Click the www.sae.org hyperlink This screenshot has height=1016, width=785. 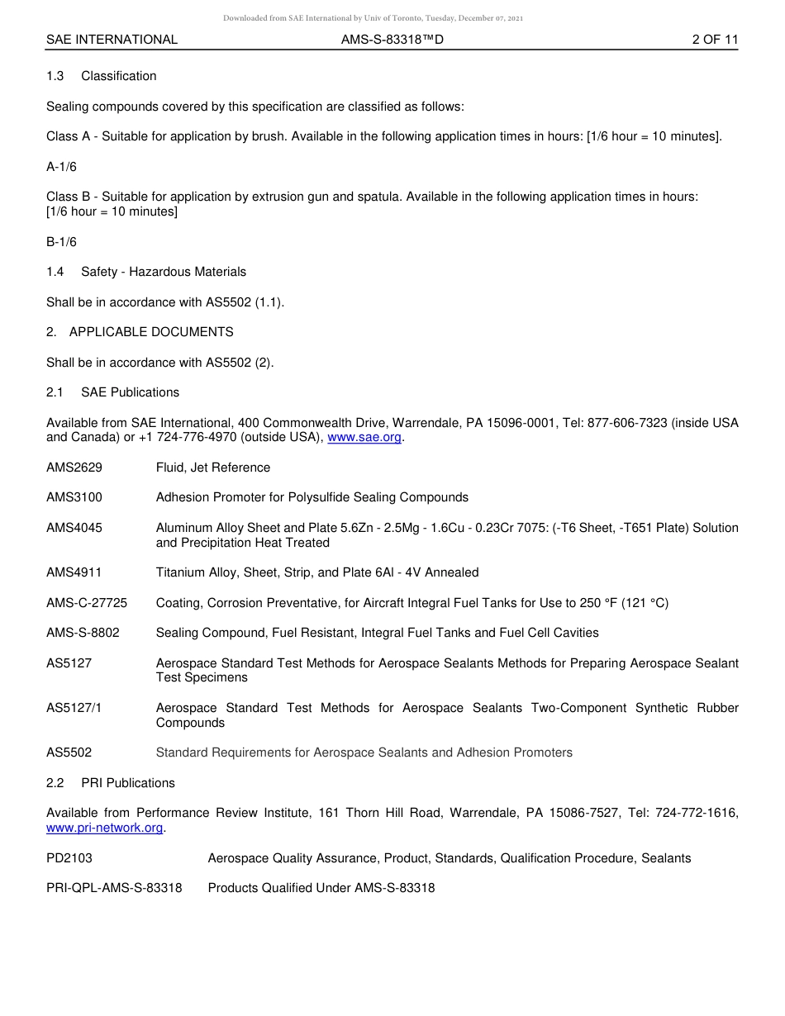click(x=364, y=438)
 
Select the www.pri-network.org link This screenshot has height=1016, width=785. click(x=105, y=828)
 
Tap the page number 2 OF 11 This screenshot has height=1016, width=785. click(x=715, y=40)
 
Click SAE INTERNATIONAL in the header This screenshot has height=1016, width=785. click(x=112, y=40)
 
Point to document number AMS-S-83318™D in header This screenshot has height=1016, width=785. click(x=392, y=40)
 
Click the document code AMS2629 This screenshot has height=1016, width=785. click(x=74, y=468)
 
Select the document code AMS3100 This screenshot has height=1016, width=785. click(x=74, y=497)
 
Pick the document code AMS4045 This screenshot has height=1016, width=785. click(x=74, y=528)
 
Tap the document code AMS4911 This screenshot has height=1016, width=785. click(x=74, y=572)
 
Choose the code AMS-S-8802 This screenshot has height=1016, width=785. click(x=83, y=633)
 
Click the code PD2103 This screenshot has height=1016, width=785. click(x=69, y=858)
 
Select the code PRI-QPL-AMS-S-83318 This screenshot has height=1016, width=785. click(x=114, y=888)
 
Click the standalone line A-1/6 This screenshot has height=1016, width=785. click(x=61, y=167)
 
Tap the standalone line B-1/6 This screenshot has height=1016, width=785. click(x=61, y=242)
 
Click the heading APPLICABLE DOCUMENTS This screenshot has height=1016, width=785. click(x=151, y=332)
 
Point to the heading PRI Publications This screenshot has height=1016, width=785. click(x=128, y=783)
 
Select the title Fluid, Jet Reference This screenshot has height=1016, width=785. click(x=213, y=468)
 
